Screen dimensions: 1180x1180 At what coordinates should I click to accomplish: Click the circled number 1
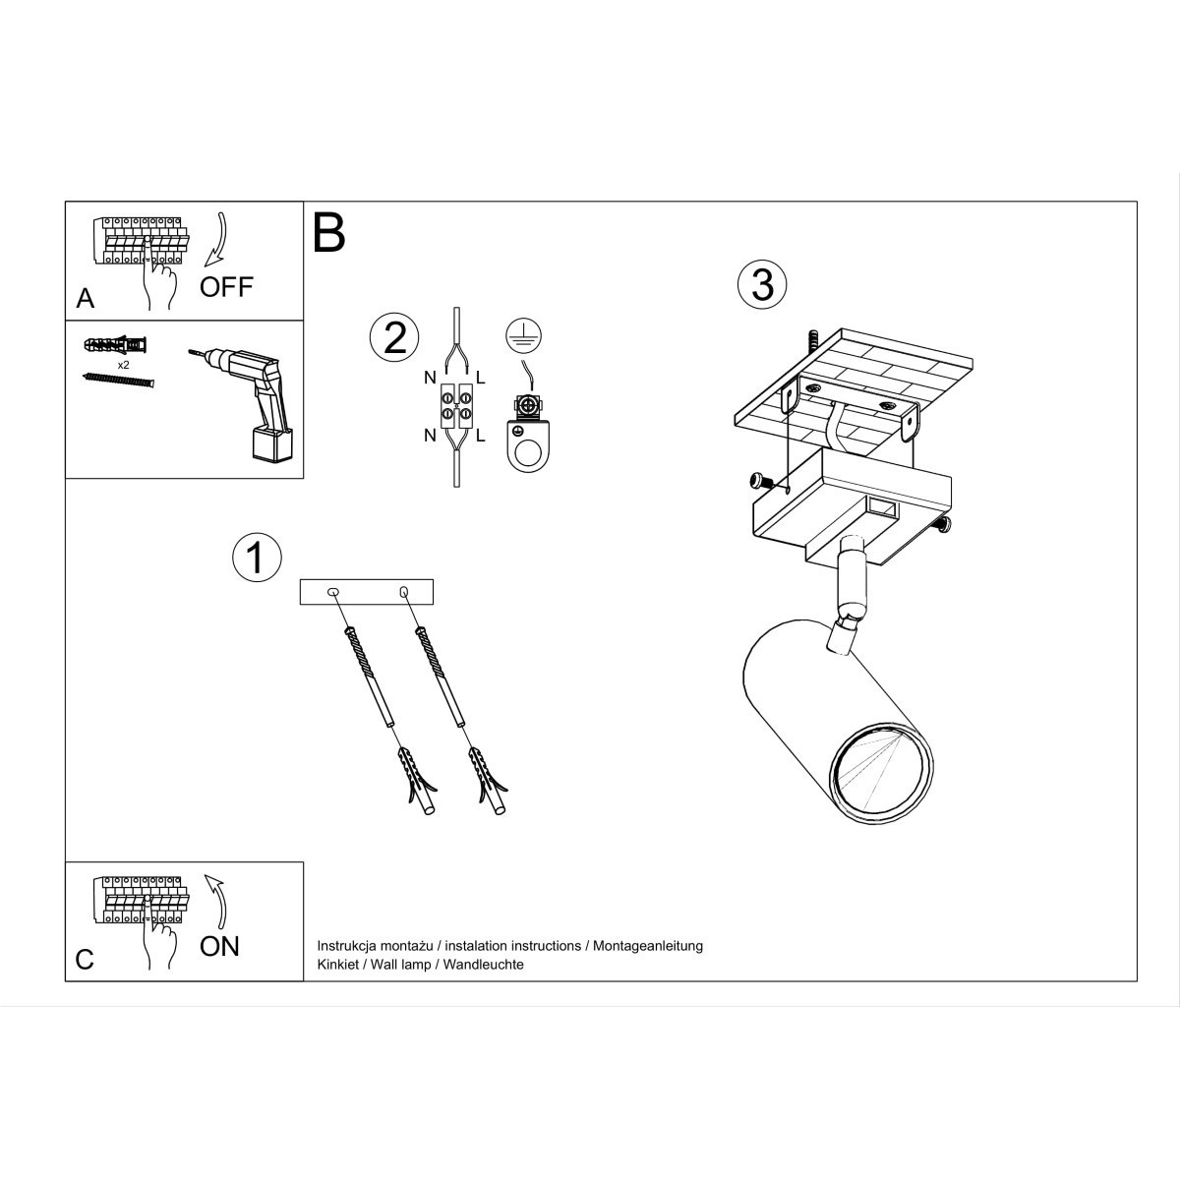256,557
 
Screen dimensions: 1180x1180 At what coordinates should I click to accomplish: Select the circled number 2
393,337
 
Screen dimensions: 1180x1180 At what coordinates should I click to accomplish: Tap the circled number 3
762,284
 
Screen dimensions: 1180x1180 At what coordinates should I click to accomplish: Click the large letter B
329,233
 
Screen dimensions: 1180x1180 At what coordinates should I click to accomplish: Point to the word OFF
226,287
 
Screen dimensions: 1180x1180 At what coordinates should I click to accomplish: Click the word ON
219,946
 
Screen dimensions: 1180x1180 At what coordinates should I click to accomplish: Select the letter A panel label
86,299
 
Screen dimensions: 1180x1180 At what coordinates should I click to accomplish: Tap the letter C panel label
85,960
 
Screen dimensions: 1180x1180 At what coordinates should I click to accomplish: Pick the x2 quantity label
124,365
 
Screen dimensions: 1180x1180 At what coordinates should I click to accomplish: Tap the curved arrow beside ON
217,900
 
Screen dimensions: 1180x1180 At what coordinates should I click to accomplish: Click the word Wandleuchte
483,965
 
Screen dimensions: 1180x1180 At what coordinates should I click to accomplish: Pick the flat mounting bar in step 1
366,592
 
